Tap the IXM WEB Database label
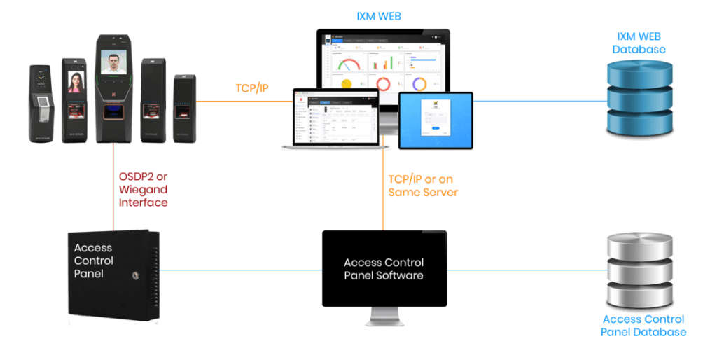coord(639,43)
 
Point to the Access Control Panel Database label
coord(642,326)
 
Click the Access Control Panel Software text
coord(384,269)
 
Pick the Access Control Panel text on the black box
coord(94,261)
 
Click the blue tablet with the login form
coord(436,120)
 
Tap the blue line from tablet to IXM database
coord(539,102)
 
